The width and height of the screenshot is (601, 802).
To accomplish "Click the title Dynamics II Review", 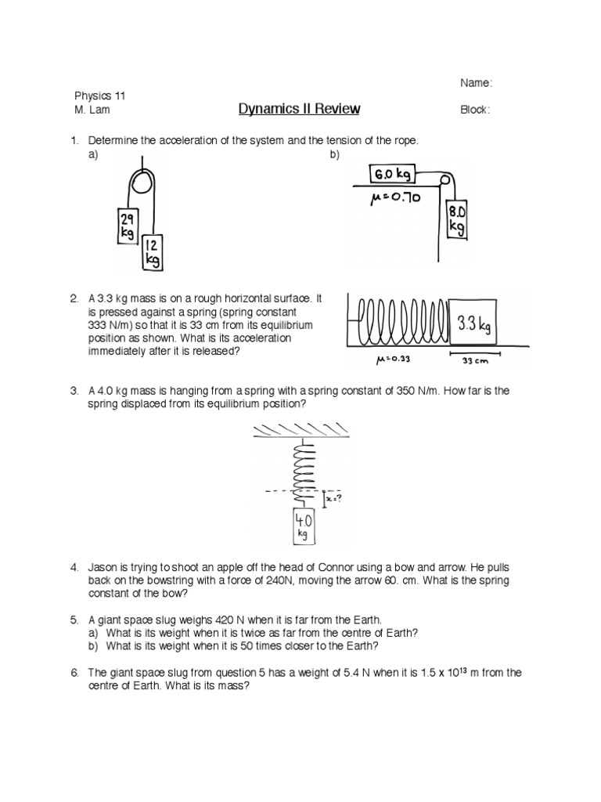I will click(x=299, y=109).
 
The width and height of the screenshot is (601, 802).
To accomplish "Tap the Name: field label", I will click(x=476, y=83).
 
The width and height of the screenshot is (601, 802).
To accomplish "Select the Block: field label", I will click(x=475, y=110).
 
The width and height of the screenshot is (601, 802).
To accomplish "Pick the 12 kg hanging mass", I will click(x=153, y=253).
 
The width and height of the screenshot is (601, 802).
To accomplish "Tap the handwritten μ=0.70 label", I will click(x=394, y=199).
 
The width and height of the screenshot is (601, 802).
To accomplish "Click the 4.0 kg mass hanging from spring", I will click(x=304, y=526).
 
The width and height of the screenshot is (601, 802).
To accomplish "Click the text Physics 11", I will click(x=98, y=96).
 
